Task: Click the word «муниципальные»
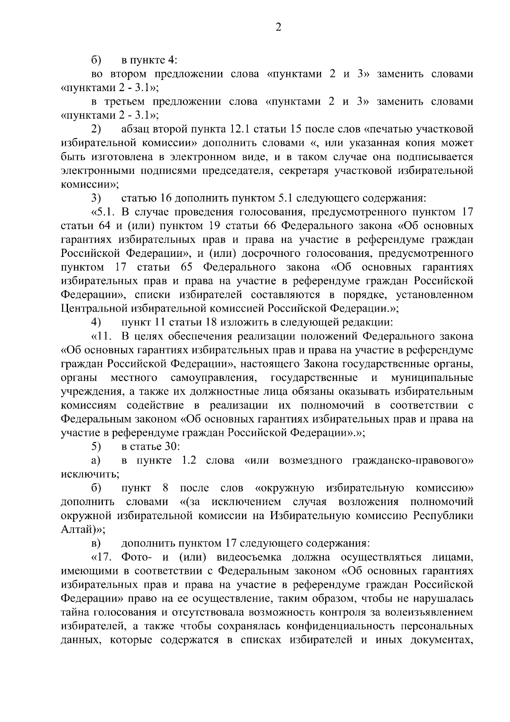point(431,378)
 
